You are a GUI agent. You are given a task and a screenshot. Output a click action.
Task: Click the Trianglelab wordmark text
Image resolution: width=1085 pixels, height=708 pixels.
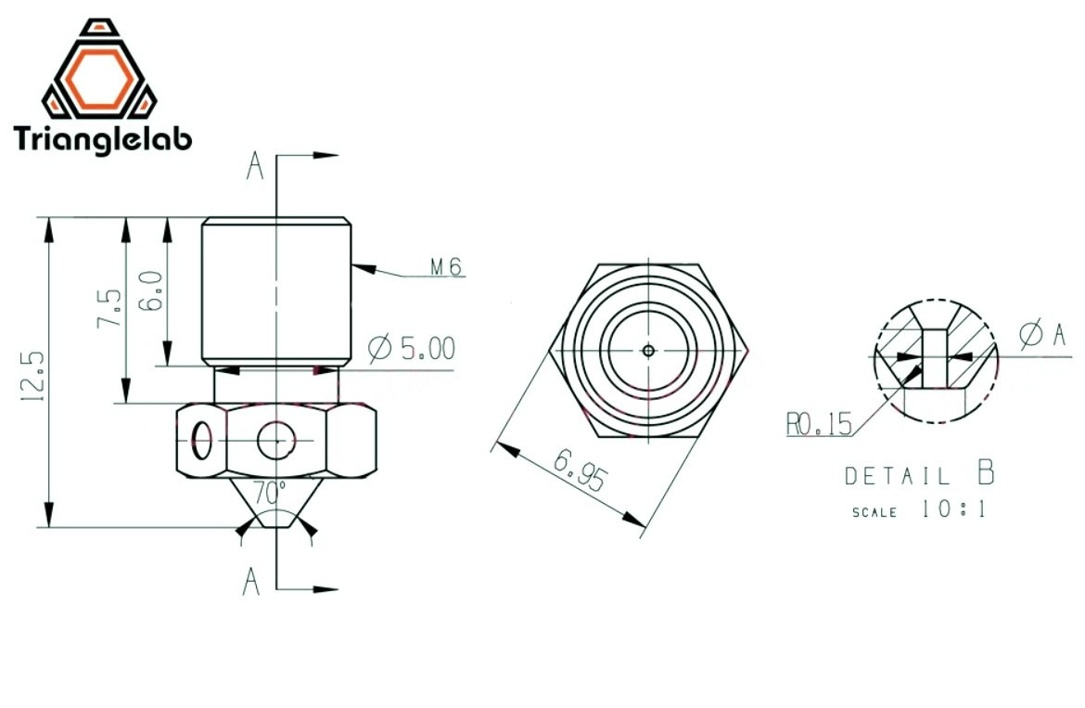click(102, 140)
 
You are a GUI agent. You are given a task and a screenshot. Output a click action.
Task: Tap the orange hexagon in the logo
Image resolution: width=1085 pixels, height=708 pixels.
click(100, 79)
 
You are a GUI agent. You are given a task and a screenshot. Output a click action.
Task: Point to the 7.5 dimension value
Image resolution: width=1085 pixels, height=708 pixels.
click(109, 308)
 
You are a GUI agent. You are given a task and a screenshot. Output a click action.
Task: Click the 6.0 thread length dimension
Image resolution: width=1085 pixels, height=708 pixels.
click(151, 290)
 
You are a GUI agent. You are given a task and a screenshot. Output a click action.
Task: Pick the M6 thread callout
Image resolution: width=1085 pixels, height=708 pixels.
click(446, 266)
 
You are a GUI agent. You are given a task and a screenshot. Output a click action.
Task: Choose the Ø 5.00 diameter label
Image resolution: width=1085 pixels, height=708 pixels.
click(412, 348)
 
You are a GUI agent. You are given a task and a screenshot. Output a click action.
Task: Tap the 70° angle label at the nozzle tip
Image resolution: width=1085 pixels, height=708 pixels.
click(269, 492)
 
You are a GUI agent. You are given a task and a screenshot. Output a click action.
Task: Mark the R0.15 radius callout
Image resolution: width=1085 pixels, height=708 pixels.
click(819, 423)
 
